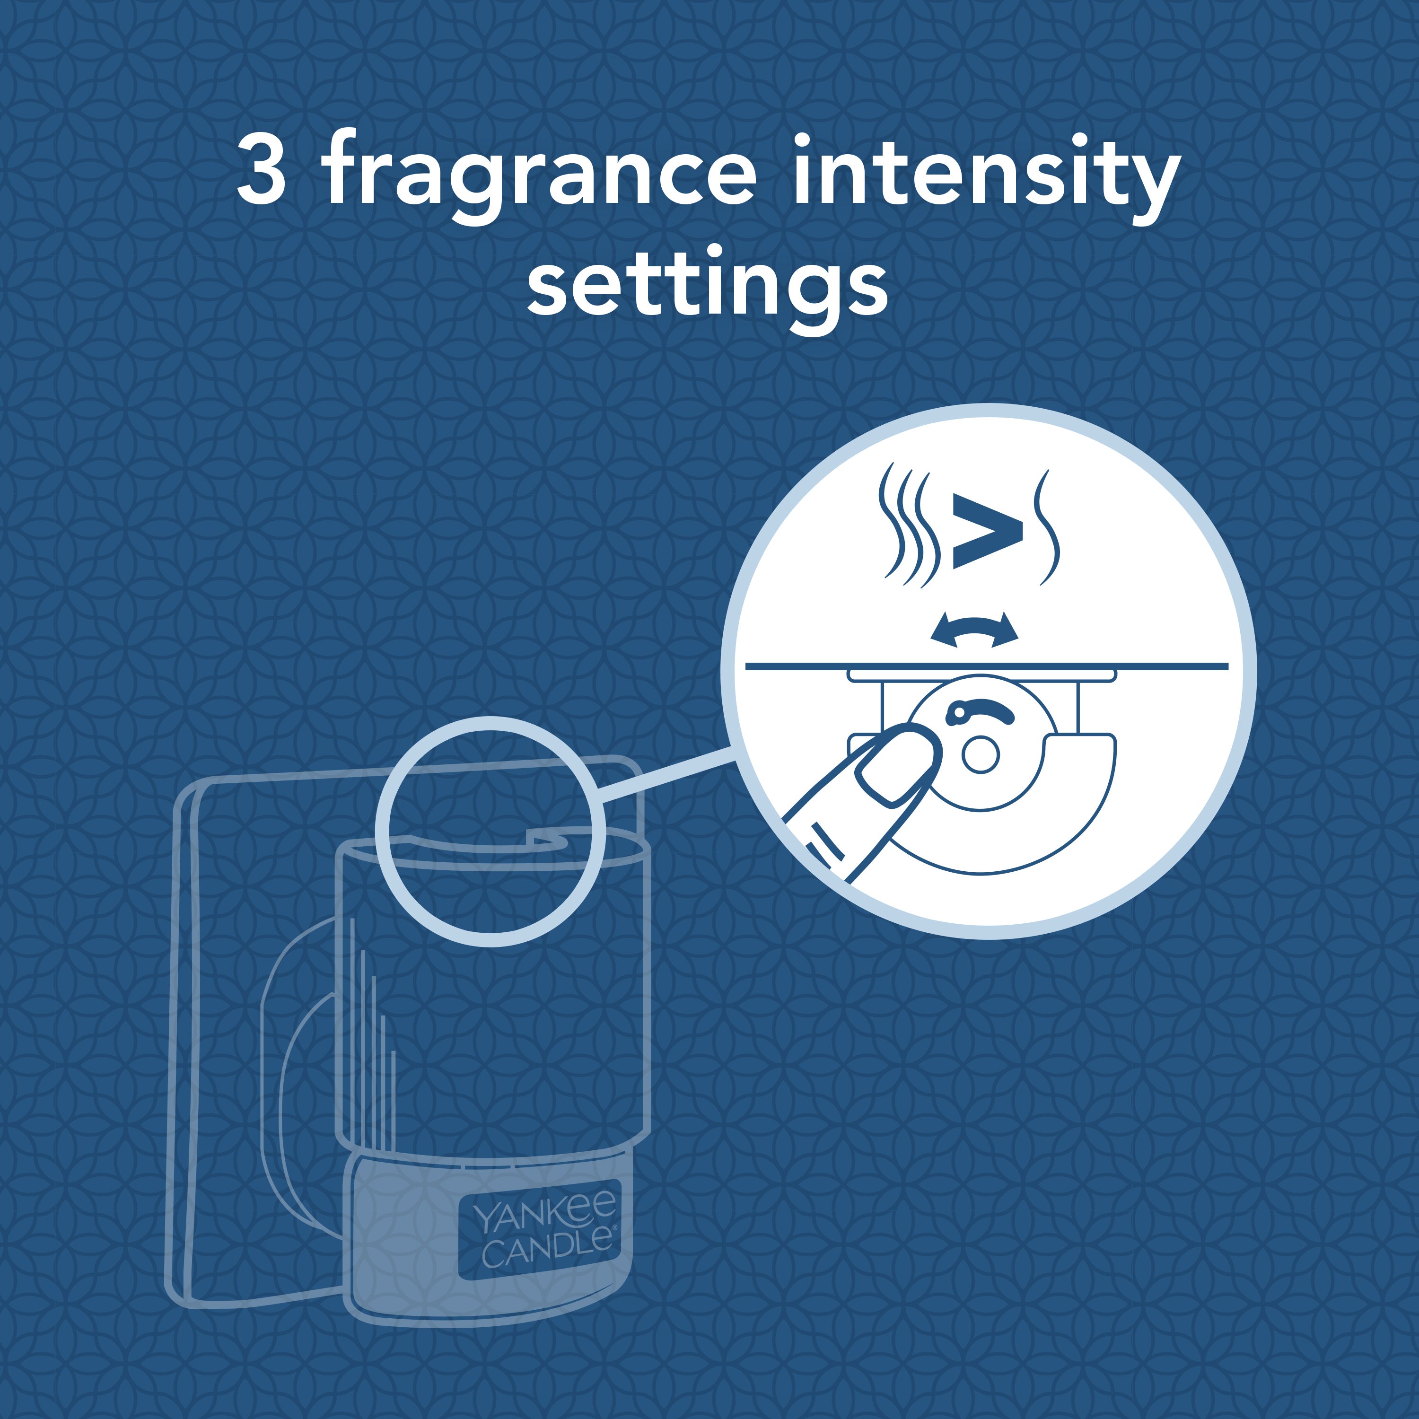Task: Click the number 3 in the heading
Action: [x=262, y=169]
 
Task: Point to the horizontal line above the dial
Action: [x=986, y=666]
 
